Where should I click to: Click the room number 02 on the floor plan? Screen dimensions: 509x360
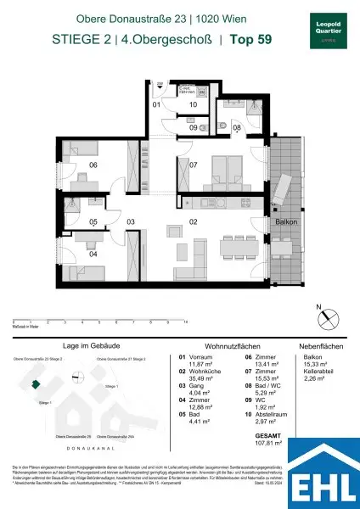pos(194,221)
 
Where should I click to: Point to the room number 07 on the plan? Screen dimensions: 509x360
pos(194,165)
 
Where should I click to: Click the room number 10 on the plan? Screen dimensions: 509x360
pos(194,104)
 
